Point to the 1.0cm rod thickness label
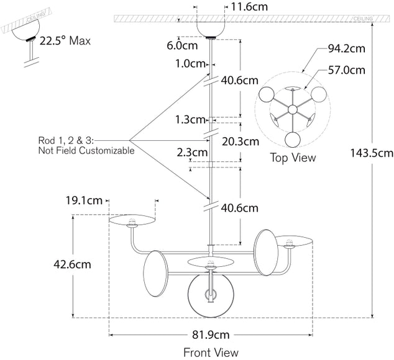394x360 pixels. (x=190, y=64)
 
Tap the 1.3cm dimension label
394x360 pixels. (x=190, y=120)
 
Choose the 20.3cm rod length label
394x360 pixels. (x=241, y=142)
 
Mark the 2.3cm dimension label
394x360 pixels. (x=192, y=152)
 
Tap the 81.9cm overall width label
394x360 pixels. (x=211, y=335)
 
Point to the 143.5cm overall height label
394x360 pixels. (x=370, y=152)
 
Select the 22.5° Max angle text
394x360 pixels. (x=65, y=42)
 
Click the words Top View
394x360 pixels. (x=292, y=158)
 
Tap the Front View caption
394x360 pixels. (x=211, y=353)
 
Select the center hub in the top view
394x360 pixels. (x=292, y=109)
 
